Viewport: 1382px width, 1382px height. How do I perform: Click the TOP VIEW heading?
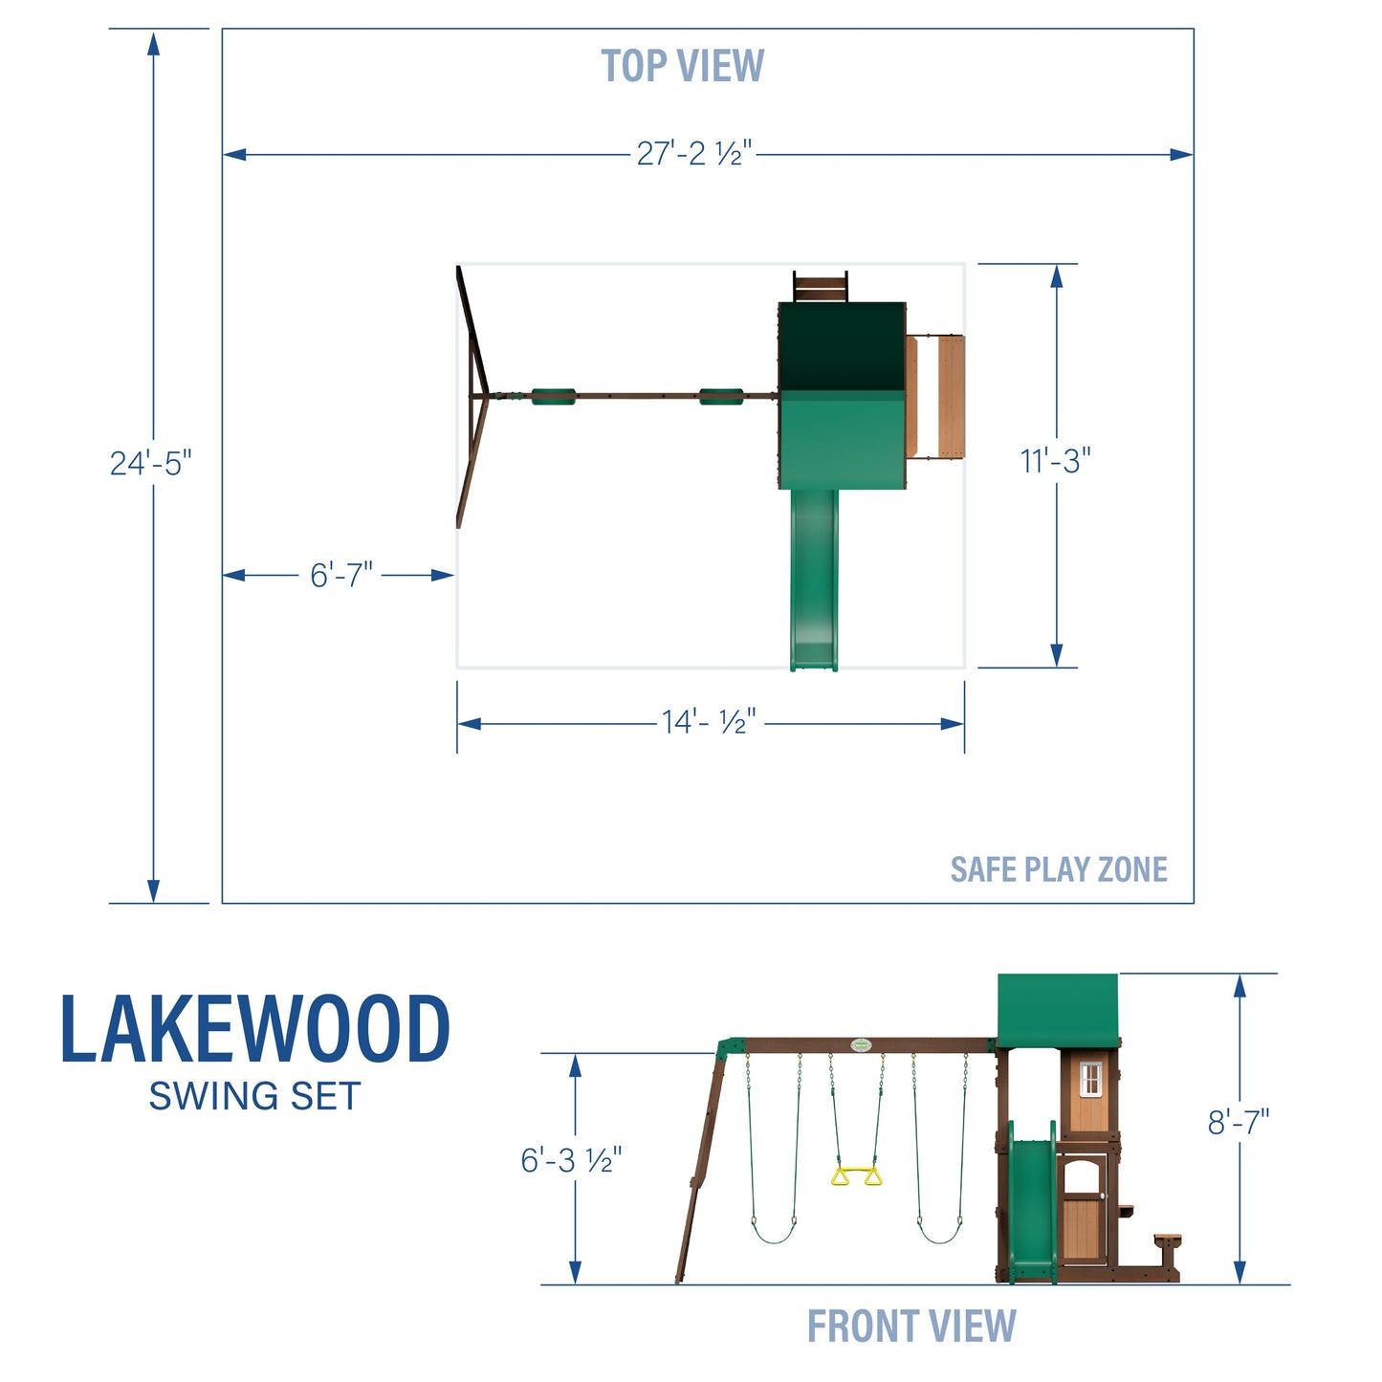(682, 66)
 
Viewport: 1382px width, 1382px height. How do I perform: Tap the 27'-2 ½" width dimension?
(694, 153)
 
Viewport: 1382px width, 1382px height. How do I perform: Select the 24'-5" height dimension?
(150, 463)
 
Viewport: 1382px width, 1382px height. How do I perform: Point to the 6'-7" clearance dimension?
(340, 576)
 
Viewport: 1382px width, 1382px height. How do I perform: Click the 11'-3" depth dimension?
(1055, 461)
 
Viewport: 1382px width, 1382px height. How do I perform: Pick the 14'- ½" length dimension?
(709, 722)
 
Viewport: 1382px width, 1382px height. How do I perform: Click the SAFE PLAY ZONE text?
(1058, 869)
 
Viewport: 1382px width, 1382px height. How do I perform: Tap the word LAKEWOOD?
(254, 1031)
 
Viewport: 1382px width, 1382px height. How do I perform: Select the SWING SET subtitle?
(254, 1096)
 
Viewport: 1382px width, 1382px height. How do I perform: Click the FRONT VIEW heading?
(910, 1327)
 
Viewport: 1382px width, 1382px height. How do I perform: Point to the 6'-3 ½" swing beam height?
(571, 1160)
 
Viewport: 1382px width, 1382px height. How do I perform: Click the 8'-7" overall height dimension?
(1238, 1122)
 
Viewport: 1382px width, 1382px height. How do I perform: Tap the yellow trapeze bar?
(856, 1175)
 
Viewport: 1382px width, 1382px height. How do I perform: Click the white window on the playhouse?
(1089, 1080)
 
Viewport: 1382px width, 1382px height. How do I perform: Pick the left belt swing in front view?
(773, 1229)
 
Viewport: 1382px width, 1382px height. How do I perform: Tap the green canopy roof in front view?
(1057, 1009)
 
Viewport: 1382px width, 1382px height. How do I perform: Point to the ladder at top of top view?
(820, 287)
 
